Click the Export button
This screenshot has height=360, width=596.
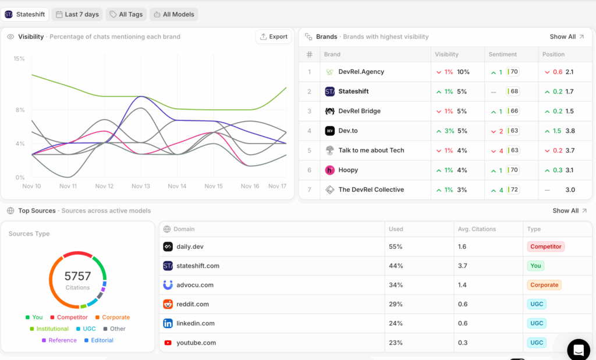(x=274, y=37)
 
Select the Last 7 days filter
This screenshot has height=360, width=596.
(x=77, y=15)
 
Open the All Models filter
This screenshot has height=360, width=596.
(x=174, y=15)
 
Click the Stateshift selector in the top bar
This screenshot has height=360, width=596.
(x=25, y=15)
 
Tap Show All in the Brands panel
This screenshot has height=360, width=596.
(x=567, y=37)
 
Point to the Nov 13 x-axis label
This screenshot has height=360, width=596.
(x=141, y=186)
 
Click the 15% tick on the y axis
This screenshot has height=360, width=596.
(x=19, y=59)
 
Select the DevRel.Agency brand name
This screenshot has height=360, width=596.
(x=361, y=72)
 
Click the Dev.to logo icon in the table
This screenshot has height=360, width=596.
(x=329, y=131)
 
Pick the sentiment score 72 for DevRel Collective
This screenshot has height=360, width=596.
(x=513, y=190)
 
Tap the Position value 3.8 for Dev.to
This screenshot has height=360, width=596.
(x=570, y=131)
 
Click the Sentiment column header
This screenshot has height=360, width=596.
(x=503, y=54)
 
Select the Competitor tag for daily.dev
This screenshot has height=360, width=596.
(x=545, y=247)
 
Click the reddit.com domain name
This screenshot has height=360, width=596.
(x=192, y=304)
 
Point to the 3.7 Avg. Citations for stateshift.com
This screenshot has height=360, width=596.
(x=463, y=266)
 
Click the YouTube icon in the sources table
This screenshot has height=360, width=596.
(x=168, y=343)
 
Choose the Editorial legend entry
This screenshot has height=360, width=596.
(x=102, y=340)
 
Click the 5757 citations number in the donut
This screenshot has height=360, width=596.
(x=77, y=276)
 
